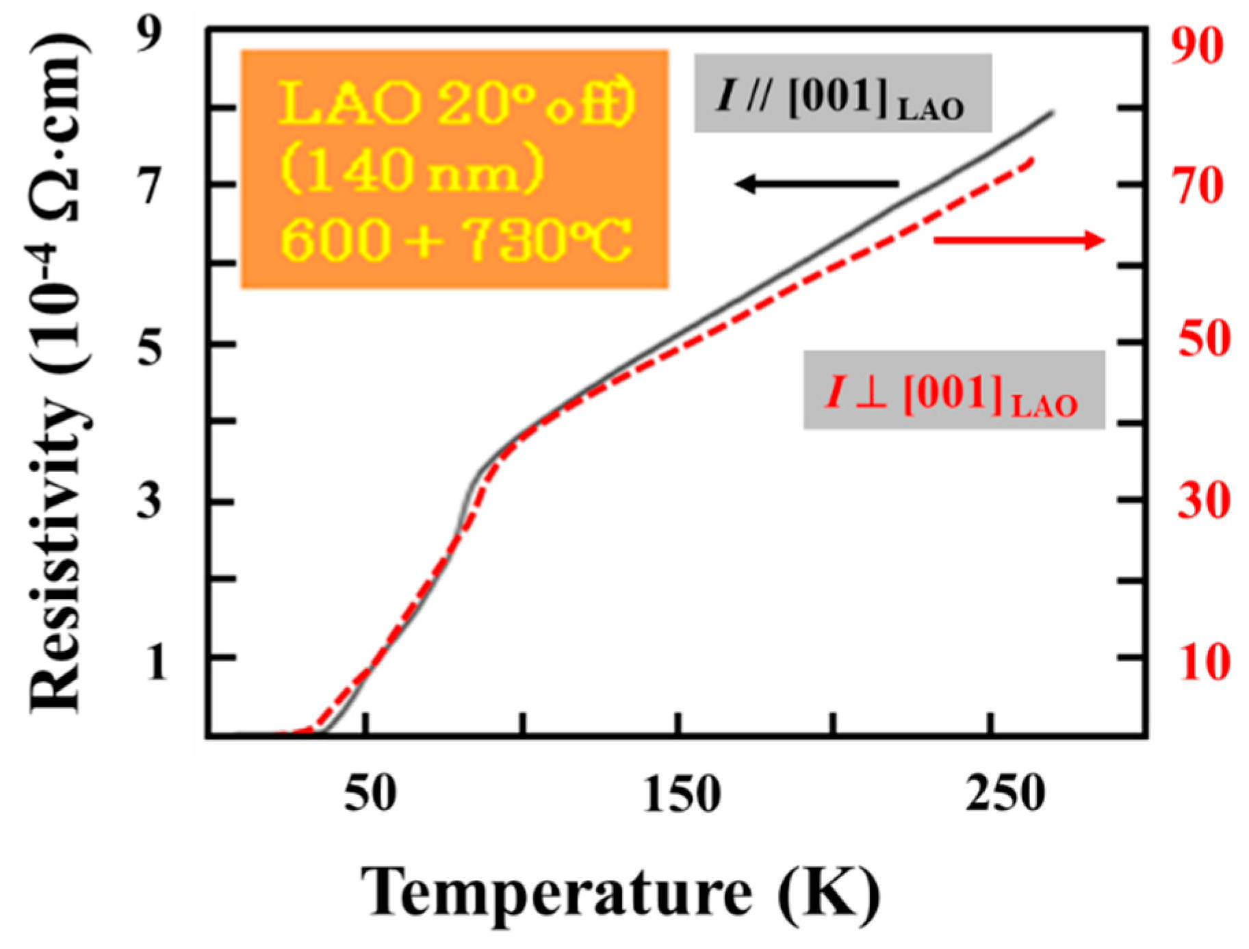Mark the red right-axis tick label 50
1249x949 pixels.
click(x=1202, y=338)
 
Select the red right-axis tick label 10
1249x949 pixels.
click(x=1203, y=661)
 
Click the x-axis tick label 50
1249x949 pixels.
click(x=370, y=794)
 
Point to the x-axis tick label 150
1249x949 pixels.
click(x=682, y=794)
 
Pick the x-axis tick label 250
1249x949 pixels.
click(x=1005, y=794)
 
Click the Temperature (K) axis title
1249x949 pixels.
click(x=619, y=892)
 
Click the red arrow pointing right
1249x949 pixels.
click(x=1019, y=240)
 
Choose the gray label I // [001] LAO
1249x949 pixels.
click(x=842, y=94)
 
